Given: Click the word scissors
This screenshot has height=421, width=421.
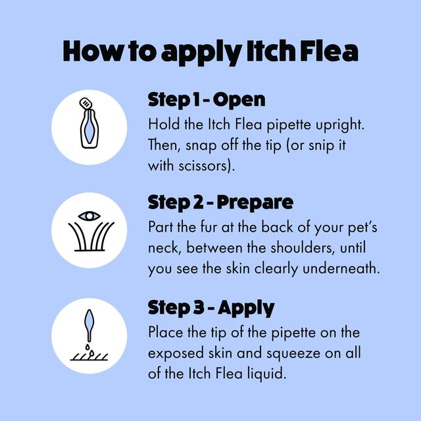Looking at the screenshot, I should click(x=205, y=166).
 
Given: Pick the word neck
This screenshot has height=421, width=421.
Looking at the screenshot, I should click(x=162, y=249).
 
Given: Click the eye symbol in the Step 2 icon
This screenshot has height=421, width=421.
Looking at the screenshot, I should click(x=89, y=216).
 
